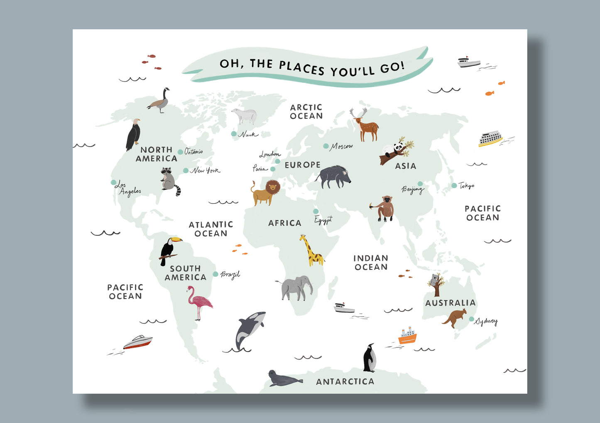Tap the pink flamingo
tap(199, 302)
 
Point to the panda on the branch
tap(398, 148)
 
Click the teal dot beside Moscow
tap(326, 146)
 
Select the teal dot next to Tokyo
tap(454, 185)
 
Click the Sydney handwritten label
tap(486, 321)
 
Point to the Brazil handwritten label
tap(230, 274)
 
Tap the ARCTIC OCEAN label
tap(306, 112)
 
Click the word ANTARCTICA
tap(345, 381)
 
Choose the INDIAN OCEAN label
tap(371, 263)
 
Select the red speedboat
tap(138, 342)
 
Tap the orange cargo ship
tap(407, 336)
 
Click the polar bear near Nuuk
tap(245, 116)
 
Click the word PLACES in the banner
tap(301, 67)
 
